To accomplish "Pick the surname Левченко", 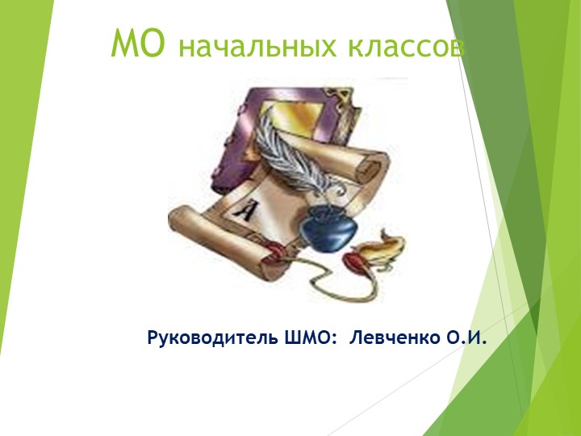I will pos(395,335).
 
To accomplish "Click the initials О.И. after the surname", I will pos(470,335).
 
